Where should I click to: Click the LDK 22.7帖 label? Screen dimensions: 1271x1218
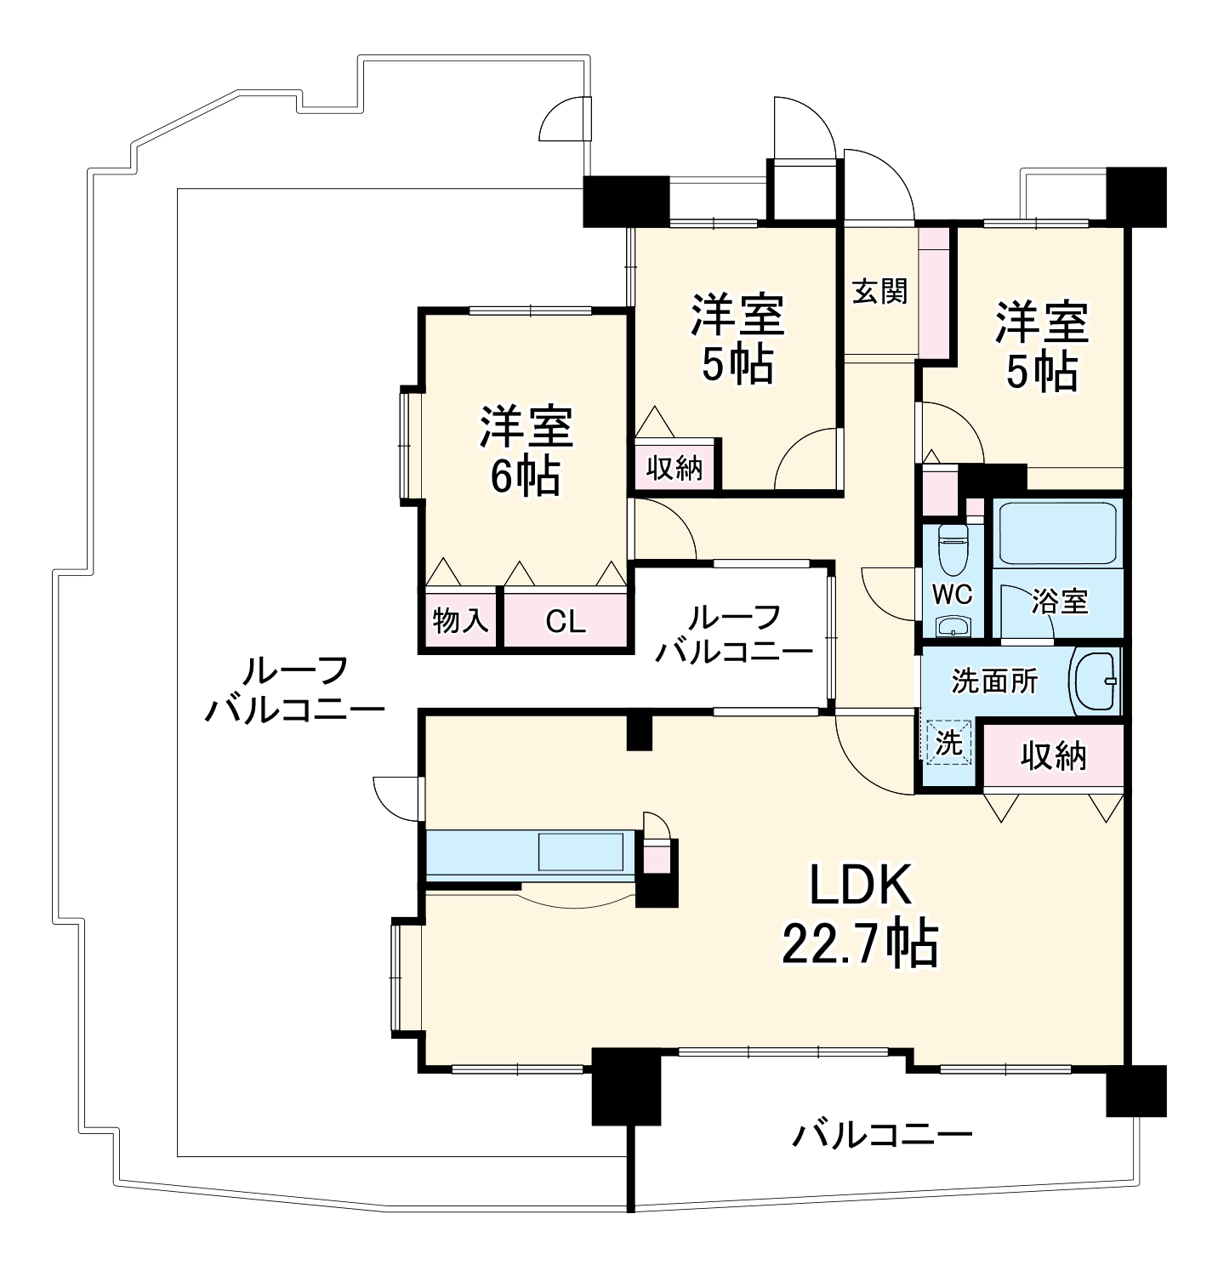[860, 915]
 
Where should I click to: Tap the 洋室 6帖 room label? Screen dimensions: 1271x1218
[526, 451]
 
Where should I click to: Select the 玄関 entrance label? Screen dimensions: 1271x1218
[880, 292]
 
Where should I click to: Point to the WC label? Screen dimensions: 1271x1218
[952, 594]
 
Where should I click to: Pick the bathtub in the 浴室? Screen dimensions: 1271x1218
[1057, 533]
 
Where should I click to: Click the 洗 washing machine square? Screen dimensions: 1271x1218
[948, 743]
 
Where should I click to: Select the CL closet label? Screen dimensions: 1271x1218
[566, 621]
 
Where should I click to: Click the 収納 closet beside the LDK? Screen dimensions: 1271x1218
[1054, 755]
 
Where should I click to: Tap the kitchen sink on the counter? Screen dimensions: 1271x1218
[580, 852]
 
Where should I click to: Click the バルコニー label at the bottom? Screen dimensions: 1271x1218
[882, 1135]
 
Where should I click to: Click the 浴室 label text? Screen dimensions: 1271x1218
[1060, 601]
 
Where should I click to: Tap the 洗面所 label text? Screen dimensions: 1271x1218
[993, 681]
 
